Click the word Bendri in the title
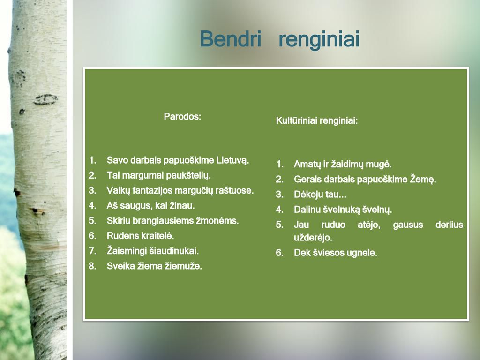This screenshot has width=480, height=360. (231, 39)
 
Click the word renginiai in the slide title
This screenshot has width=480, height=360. (319, 40)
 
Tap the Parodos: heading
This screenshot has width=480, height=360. (182, 117)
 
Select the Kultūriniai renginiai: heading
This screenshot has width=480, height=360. (317, 120)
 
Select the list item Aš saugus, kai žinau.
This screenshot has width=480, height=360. (150, 205)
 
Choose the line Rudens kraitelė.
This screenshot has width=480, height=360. (140, 236)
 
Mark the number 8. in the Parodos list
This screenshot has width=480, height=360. (92, 266)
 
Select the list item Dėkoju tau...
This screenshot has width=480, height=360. (320, 195)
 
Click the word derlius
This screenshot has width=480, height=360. (449, 225)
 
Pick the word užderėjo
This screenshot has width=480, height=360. (313, 238)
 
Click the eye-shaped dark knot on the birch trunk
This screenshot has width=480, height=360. (45, 99)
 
